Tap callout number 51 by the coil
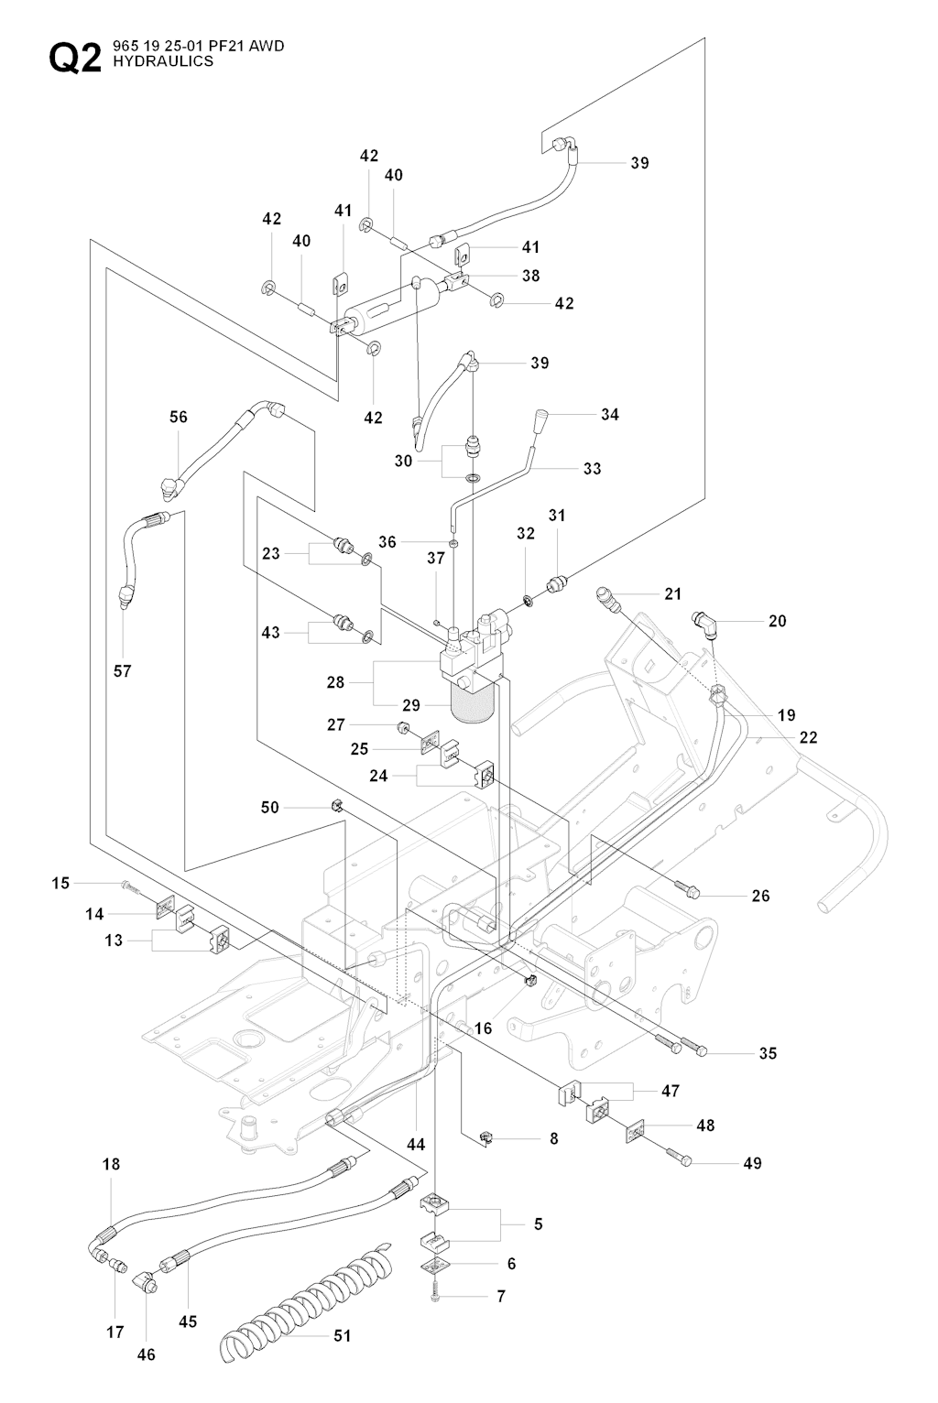342,1336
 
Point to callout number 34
610,414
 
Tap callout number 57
123,670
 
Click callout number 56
179,417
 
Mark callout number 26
760,896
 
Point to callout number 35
768,1053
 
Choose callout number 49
752,1163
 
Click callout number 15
60,883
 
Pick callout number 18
111,1165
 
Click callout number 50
270,807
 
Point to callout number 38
531,275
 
